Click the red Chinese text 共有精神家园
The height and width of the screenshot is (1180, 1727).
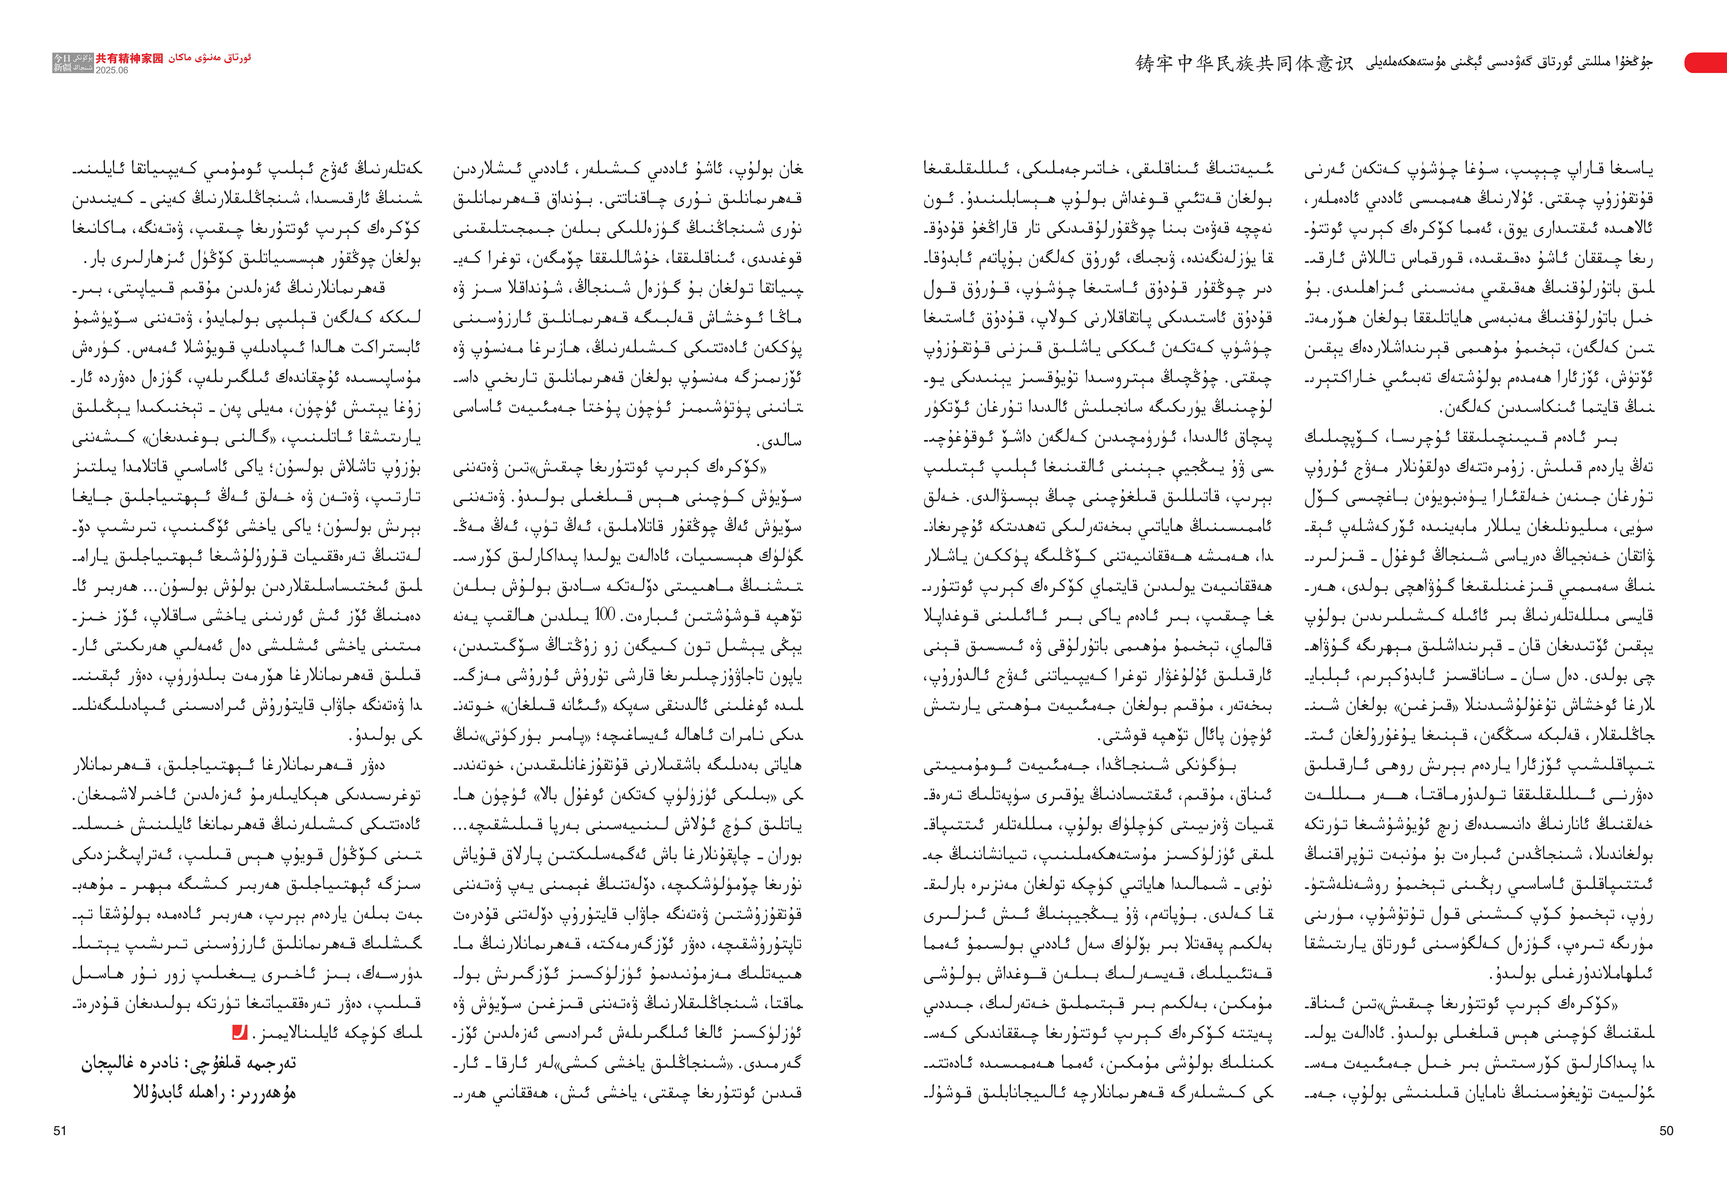point(129,58)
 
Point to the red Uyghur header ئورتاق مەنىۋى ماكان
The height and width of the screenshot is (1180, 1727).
point(210,58)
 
